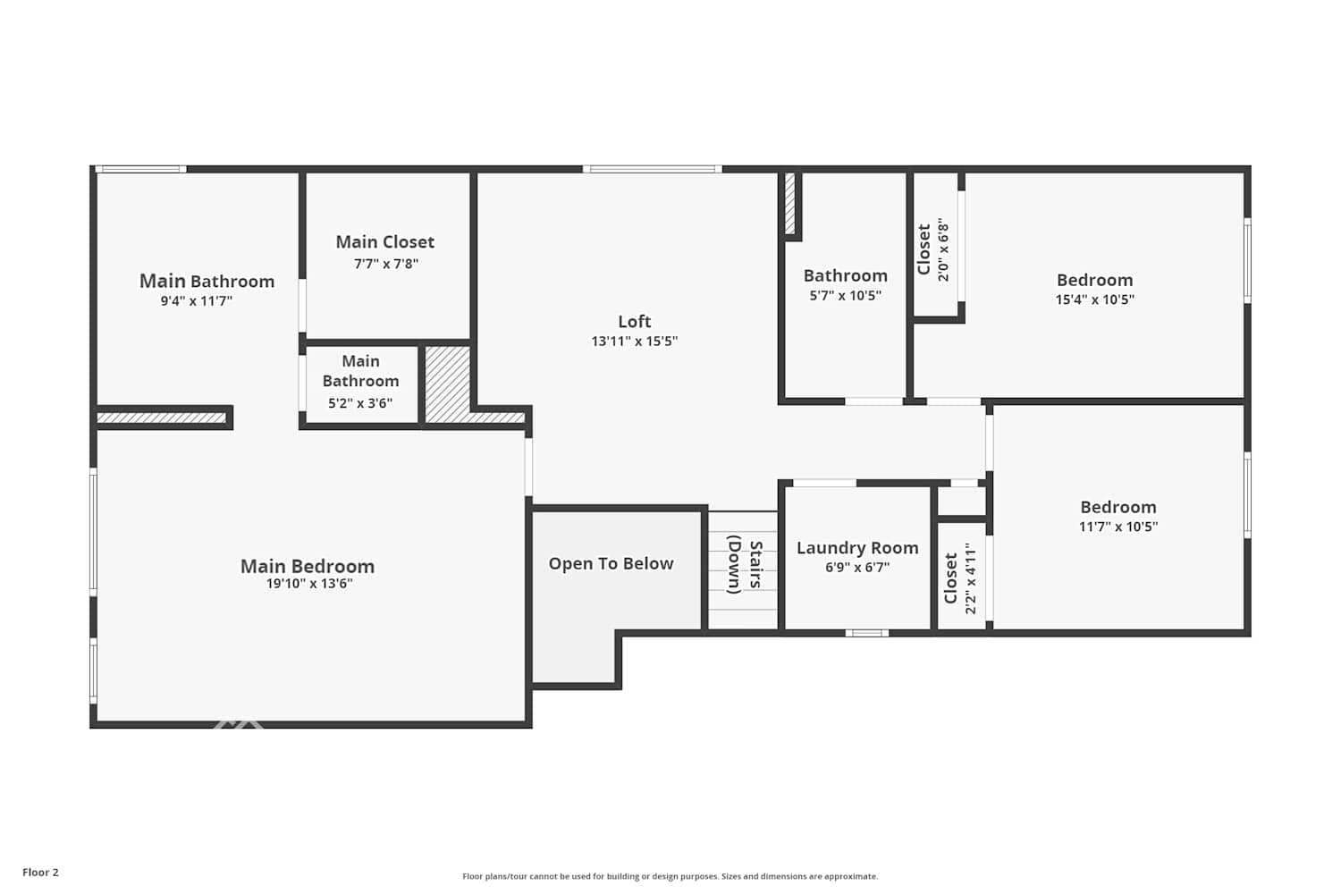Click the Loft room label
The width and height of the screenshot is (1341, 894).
pyautogui.click(x=634, y=321)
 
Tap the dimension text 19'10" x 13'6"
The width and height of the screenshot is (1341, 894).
pyautogui.click(x=309, y=584)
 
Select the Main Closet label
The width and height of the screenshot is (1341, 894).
pyautogui.click(x=384, y=242)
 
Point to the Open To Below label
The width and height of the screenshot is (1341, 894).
pyautogui.click(x=611, y=563)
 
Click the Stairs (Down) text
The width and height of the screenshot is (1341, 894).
pyautogui.click(x=744, y=566)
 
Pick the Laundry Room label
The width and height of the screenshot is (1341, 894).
pyautogui.click(x=857, y=548)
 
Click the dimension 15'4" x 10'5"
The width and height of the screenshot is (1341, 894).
pyautogui.click(x=1094, y=299)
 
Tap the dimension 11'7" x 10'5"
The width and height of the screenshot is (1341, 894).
pyautogui.click(x=1117, y=527)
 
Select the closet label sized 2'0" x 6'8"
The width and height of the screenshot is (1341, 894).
pyautogui.click(x=924, y=249)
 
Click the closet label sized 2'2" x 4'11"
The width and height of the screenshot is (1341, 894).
pyautogui.click(x=951, y=578)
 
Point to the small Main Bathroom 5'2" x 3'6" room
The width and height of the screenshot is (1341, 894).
pyautogui.click(x=360, y=382)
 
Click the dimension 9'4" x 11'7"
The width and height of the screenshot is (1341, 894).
pyautogui.click(x=197, y=301)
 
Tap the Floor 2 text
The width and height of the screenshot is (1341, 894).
pyautogui.click(x=40, y=873)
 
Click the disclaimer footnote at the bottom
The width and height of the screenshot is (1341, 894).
pyautogui.click(x=670, y=876)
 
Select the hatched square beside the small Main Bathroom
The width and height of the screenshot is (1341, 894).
pyautogui.click(x=447, y=382)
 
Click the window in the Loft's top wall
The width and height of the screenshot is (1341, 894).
pyautogui.click(x=652, y=169)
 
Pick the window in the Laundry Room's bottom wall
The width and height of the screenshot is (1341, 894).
pyautogui.click(x=866, y=633)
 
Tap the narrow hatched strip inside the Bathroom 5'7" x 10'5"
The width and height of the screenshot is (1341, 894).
pyautogui.click(x=789, y=204)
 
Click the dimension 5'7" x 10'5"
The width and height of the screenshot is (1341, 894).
pyautogui.click(x=845, y=296)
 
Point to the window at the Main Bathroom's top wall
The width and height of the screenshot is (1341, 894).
pyautogui.click(x=141, y=169)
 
